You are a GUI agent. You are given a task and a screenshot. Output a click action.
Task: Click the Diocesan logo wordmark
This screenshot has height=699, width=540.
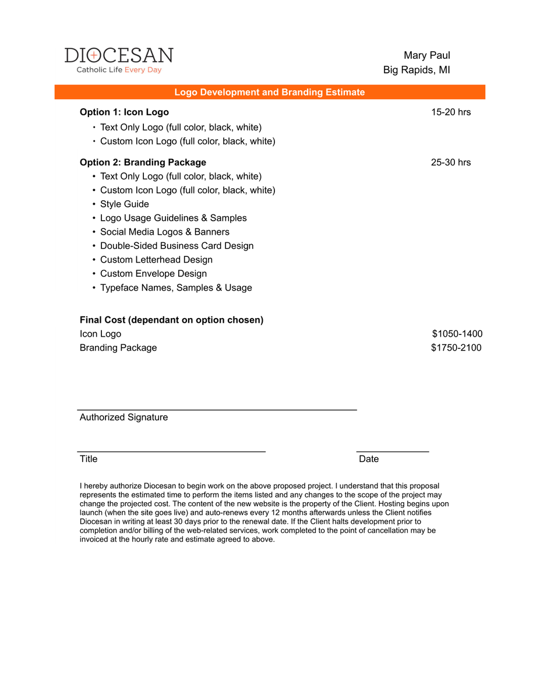(119, 55)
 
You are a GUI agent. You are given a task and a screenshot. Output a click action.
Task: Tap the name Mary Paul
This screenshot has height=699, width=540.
(426, 55)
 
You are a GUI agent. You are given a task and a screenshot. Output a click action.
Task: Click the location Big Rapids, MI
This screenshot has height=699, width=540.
(416, 70)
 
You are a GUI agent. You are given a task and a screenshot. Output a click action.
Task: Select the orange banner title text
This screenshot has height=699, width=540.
(270, 92)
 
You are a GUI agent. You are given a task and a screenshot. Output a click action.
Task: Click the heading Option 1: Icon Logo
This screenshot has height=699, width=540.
(124, 112)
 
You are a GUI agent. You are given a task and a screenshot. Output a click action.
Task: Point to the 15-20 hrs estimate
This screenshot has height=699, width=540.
(450, 112)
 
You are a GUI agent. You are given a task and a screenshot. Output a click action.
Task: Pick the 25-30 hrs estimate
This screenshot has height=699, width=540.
(450, 162)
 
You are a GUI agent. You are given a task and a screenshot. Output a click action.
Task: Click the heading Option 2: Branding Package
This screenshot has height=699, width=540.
(143, 162)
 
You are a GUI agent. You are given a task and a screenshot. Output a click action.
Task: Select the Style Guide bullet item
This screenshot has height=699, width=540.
(124, 204)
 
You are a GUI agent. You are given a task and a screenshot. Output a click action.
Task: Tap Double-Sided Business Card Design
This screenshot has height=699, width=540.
(177, 246)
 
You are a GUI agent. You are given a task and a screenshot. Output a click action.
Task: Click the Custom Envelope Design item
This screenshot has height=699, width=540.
(153, 274)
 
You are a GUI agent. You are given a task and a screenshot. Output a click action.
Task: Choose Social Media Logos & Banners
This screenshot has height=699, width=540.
(164, 232)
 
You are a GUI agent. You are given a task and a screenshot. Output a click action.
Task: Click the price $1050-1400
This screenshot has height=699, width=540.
(457, 334)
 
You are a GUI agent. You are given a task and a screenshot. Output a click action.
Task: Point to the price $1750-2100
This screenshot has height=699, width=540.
(456, 348)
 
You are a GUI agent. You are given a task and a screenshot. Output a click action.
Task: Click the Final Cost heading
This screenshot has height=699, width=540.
(171, 320)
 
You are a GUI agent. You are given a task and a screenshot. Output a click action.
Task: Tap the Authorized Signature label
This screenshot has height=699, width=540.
(123, 417)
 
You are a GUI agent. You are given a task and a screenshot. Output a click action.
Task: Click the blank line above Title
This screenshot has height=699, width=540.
(171, 450)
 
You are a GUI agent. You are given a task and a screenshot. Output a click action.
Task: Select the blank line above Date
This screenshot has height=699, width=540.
(393, 450)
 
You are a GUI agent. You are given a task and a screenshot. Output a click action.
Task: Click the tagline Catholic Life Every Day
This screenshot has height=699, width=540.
(119, 70)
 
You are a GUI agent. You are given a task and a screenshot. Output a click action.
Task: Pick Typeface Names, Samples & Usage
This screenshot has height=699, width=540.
(176, 288)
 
